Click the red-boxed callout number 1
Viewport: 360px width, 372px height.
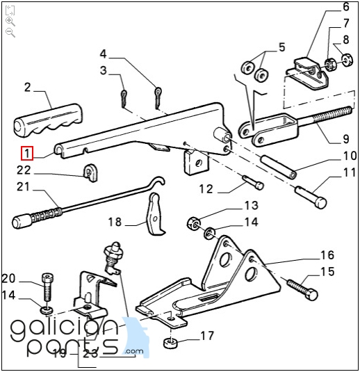[x=27, y=153]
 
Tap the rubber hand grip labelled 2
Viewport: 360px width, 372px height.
[x=48, y=120]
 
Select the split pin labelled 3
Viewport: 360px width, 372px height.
[x=124, y=98]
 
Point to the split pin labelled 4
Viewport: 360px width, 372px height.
[x=158, y=97]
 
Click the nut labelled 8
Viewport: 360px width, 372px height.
[x=347, y=60]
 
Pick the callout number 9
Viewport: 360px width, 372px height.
[x=346, y=139]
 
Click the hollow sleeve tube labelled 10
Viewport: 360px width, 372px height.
[x=279, y=166]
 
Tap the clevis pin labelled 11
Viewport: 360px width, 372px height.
[x=311, y=196]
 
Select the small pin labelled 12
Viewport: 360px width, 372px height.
[x=253, y=181]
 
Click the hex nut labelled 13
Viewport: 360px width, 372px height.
[x=194, y=223]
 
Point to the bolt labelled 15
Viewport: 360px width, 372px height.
[x=302, y=290]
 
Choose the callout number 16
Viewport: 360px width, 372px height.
[x=327, y=254]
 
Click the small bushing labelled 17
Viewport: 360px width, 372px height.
[x=170, y=343]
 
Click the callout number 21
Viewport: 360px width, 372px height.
[x=23, y=187]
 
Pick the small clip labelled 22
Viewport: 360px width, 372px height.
[x=90, y=172]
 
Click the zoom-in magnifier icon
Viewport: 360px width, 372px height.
[x=10, y=22]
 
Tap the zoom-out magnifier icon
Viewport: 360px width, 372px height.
[x=10, y=33]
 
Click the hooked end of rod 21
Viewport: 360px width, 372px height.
[x=158, y=181]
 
